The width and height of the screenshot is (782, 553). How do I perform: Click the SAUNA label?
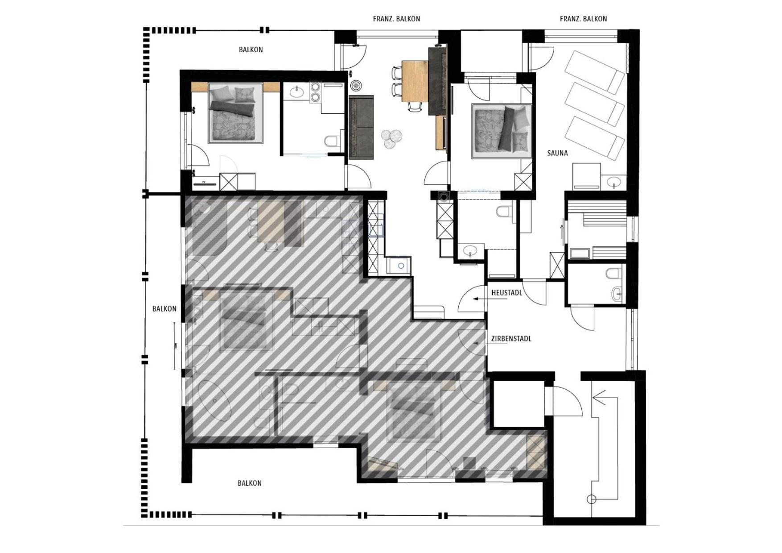point(557,153)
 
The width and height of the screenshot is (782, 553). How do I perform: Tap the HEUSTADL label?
point(506,293)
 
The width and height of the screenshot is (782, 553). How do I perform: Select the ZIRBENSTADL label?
point(511,339)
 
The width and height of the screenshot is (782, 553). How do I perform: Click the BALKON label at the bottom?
point(249,483)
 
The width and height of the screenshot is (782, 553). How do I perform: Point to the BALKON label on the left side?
point(164,308)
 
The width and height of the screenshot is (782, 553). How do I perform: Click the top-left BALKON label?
point(251,50)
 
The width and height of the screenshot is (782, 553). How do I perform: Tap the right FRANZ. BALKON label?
point(583,19)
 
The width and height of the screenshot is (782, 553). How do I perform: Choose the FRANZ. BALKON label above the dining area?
point(396,19)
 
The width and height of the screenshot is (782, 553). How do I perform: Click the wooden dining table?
point(415,81)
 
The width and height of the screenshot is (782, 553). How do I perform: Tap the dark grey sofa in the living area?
point(361,127)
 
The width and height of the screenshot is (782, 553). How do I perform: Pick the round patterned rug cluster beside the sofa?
point(392,138)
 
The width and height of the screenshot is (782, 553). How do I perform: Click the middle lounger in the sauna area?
point(595,104)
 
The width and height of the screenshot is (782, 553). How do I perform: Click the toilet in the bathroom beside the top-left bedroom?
point(331,141)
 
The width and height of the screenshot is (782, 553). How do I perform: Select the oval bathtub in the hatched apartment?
point(214,400)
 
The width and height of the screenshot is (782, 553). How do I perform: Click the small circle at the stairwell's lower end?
point(591,499)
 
